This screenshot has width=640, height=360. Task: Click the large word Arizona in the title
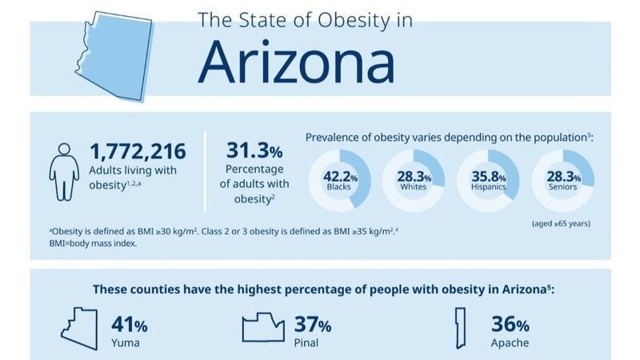click(x=296, y=61)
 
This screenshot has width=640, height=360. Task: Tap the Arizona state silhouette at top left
click(x=111, y=55)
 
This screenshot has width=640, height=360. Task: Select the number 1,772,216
click(x=138, y=151)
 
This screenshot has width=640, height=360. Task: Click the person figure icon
click(x=66, y=169)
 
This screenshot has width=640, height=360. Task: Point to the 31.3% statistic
click(x=253, y=150)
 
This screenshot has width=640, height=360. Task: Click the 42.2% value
click(x=339, y=176)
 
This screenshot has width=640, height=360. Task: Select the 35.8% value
click(x=487, y=176)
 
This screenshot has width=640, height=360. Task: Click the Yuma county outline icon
click(x=82, y=328)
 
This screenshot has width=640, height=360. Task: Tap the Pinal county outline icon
click(x=263, y=328)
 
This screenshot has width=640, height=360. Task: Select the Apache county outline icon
click(x=460, y=328)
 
